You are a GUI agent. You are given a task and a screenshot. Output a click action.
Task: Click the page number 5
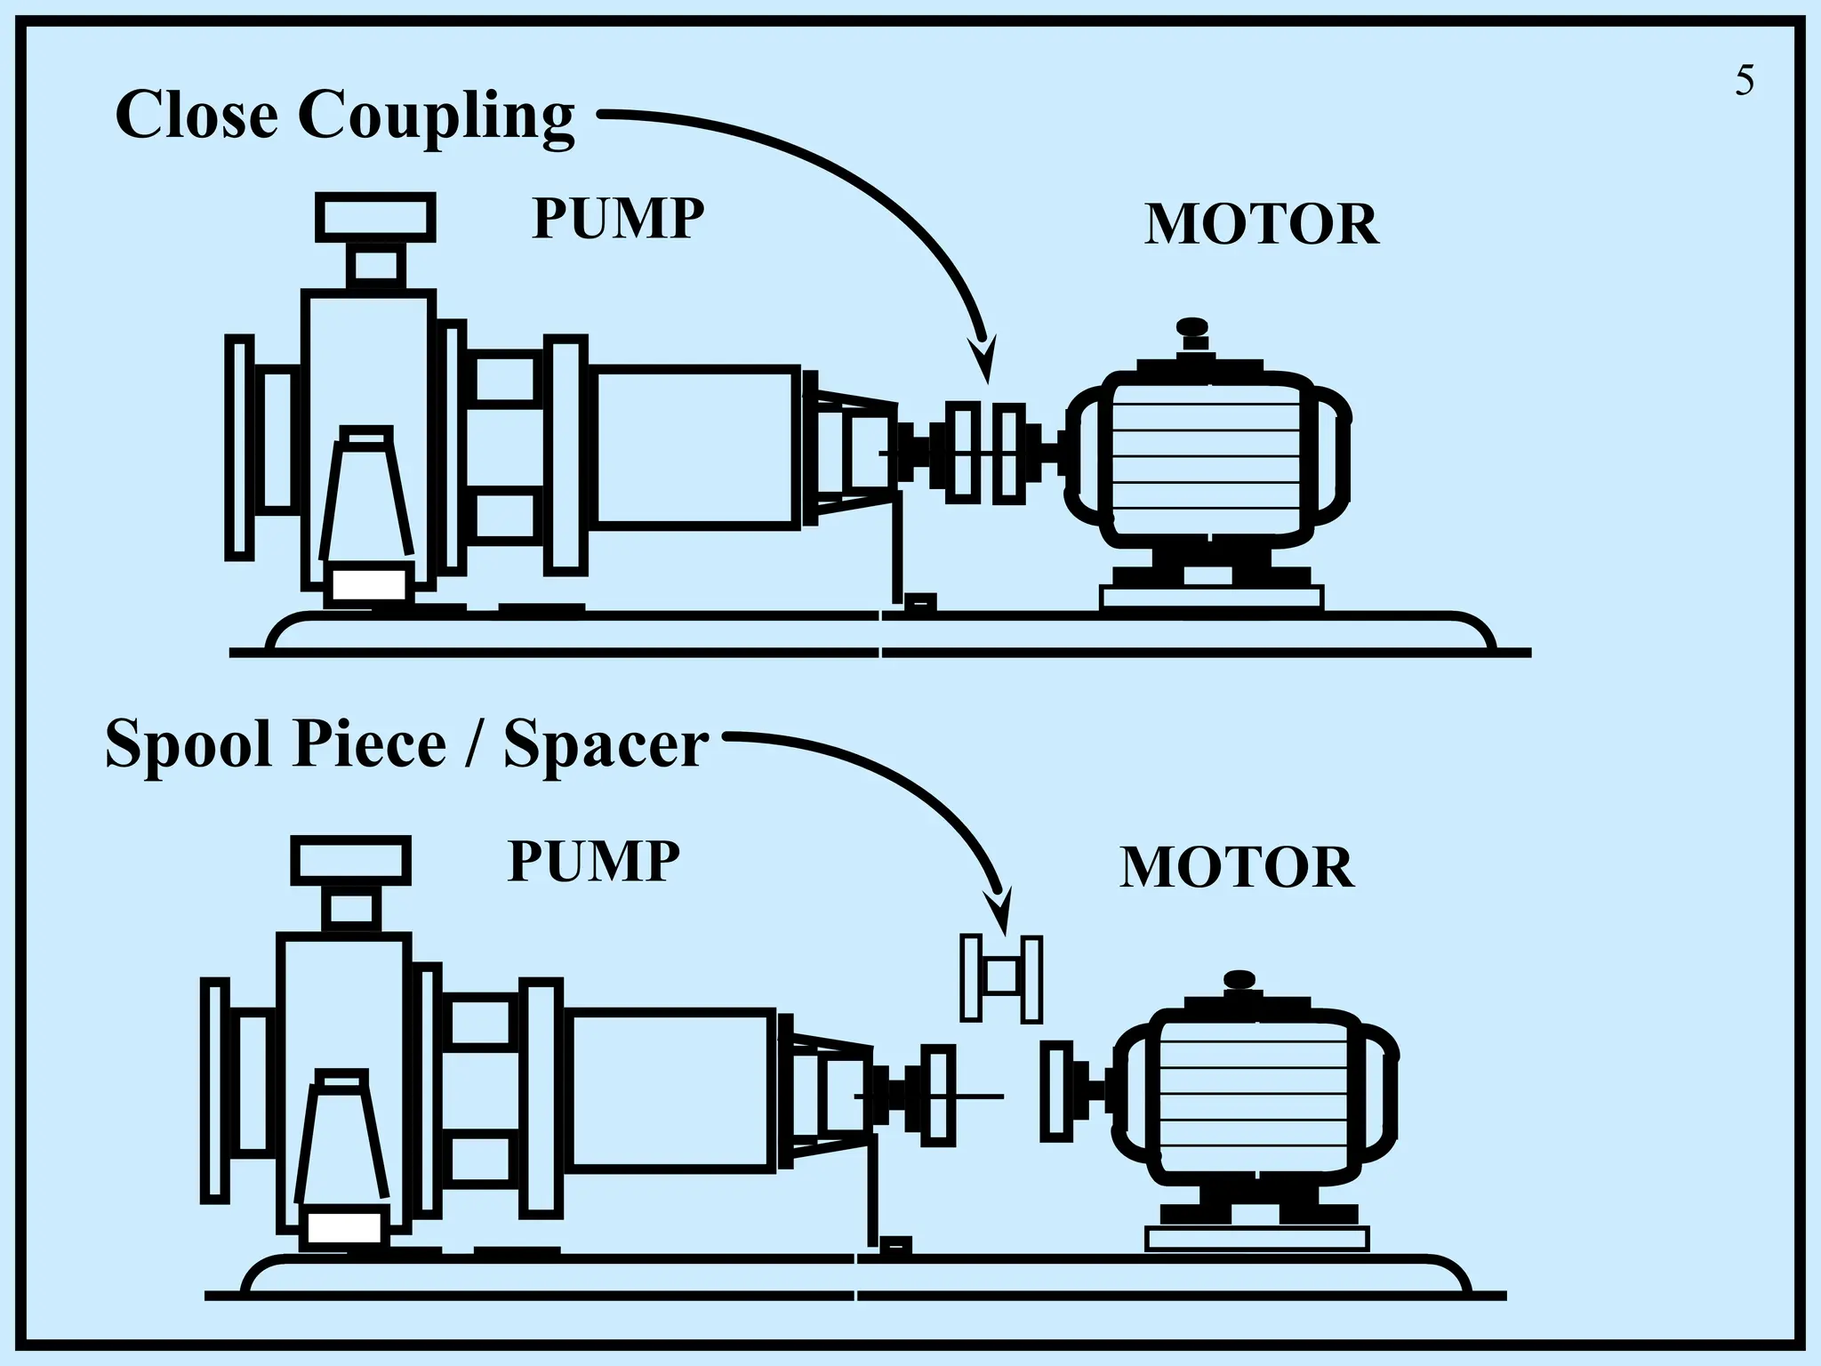point(1745,81)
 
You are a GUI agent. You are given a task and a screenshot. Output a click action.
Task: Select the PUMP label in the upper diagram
point(617,218)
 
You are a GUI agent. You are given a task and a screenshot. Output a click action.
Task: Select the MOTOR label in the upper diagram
point(1261,224)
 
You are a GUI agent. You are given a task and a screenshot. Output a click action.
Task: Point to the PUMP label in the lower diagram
point(593,861)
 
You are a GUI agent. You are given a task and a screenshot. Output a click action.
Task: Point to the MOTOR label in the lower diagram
point(1237,867)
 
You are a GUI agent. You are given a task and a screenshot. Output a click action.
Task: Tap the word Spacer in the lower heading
point(606,743)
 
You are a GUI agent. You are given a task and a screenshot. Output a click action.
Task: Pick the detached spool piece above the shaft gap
point(1001,978)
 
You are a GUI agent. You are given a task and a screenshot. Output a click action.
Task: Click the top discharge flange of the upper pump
point(375,217)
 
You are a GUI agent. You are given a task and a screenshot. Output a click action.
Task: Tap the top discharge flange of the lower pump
point(350,860)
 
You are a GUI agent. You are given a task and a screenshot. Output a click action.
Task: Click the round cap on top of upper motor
point(1191,327)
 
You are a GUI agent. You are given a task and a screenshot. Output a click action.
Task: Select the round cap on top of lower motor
point(1239,979)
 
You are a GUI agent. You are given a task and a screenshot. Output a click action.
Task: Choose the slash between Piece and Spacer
point(474,743)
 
